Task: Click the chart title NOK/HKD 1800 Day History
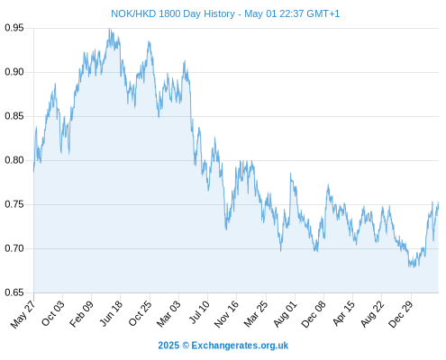(x=173, y=13)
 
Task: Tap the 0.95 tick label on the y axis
(x=14, y=28)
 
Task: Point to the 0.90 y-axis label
(x=14, y=72)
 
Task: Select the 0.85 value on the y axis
(x=14, y=116)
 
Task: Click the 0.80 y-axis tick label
(x=14, y=160)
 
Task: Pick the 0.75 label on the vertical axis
(x=14, y=204)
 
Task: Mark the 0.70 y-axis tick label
(x=14, y=248)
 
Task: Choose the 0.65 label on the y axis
(x=14, y=292)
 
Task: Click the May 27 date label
(x=23, y=314)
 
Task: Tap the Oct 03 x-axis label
(x=53, y=313)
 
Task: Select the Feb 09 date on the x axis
(x=81, y=314)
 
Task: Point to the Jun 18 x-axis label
(x=111, y=313)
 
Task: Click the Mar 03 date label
(x=168, y=314)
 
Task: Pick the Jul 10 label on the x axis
(x=199, y=312)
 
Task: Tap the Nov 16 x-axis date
(x=226, y=314)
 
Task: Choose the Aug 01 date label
(x=286, y=314)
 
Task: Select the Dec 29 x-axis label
(x=401, y=314)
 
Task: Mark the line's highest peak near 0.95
(x=110, y=29)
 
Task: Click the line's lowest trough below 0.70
(x=414, y=266)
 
